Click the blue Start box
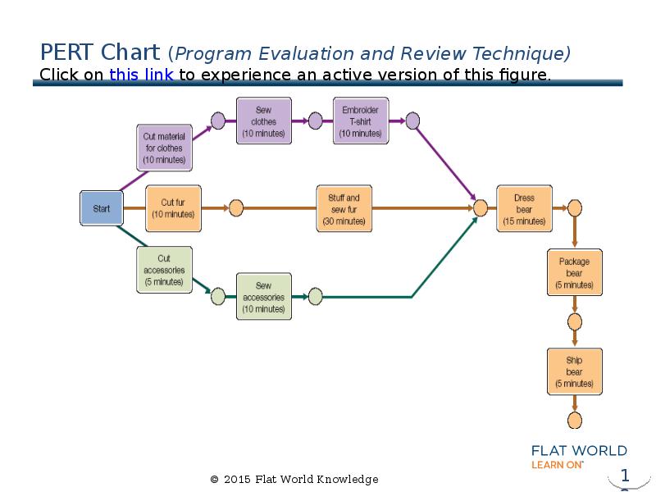click(101, 208)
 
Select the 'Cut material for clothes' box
click(164, 148)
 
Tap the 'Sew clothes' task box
click(264, 121)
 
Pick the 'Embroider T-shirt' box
click(360, 121)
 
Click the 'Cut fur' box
click(173, 208)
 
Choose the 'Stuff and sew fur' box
click(344, 208)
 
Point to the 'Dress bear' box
click(524, 208)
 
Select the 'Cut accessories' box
click(164, 270)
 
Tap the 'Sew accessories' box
click(264, 297)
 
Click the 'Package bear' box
click(574, 273)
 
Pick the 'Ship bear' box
click(574, 371)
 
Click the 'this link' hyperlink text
click(141, 75)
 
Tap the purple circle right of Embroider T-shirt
click(412, 121)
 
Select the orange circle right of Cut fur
click(236, 208)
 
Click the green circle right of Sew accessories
click(315, 297)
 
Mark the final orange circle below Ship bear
click(575, 421)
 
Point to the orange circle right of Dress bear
click(575, 208)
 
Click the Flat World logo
click(579, 457)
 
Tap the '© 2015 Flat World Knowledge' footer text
click(294, 479)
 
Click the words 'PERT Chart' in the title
click(100, 53)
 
